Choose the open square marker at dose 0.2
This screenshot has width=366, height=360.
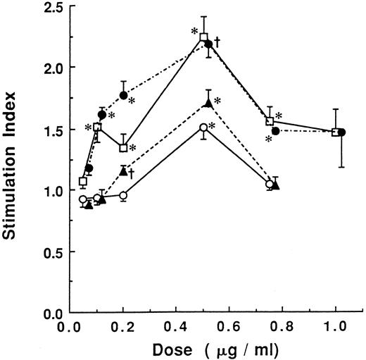click(x=123, y=148)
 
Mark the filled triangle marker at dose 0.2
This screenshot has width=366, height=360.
click(x=123, y=171)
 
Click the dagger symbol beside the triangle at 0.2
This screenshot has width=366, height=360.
click(x=132, y=171)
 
